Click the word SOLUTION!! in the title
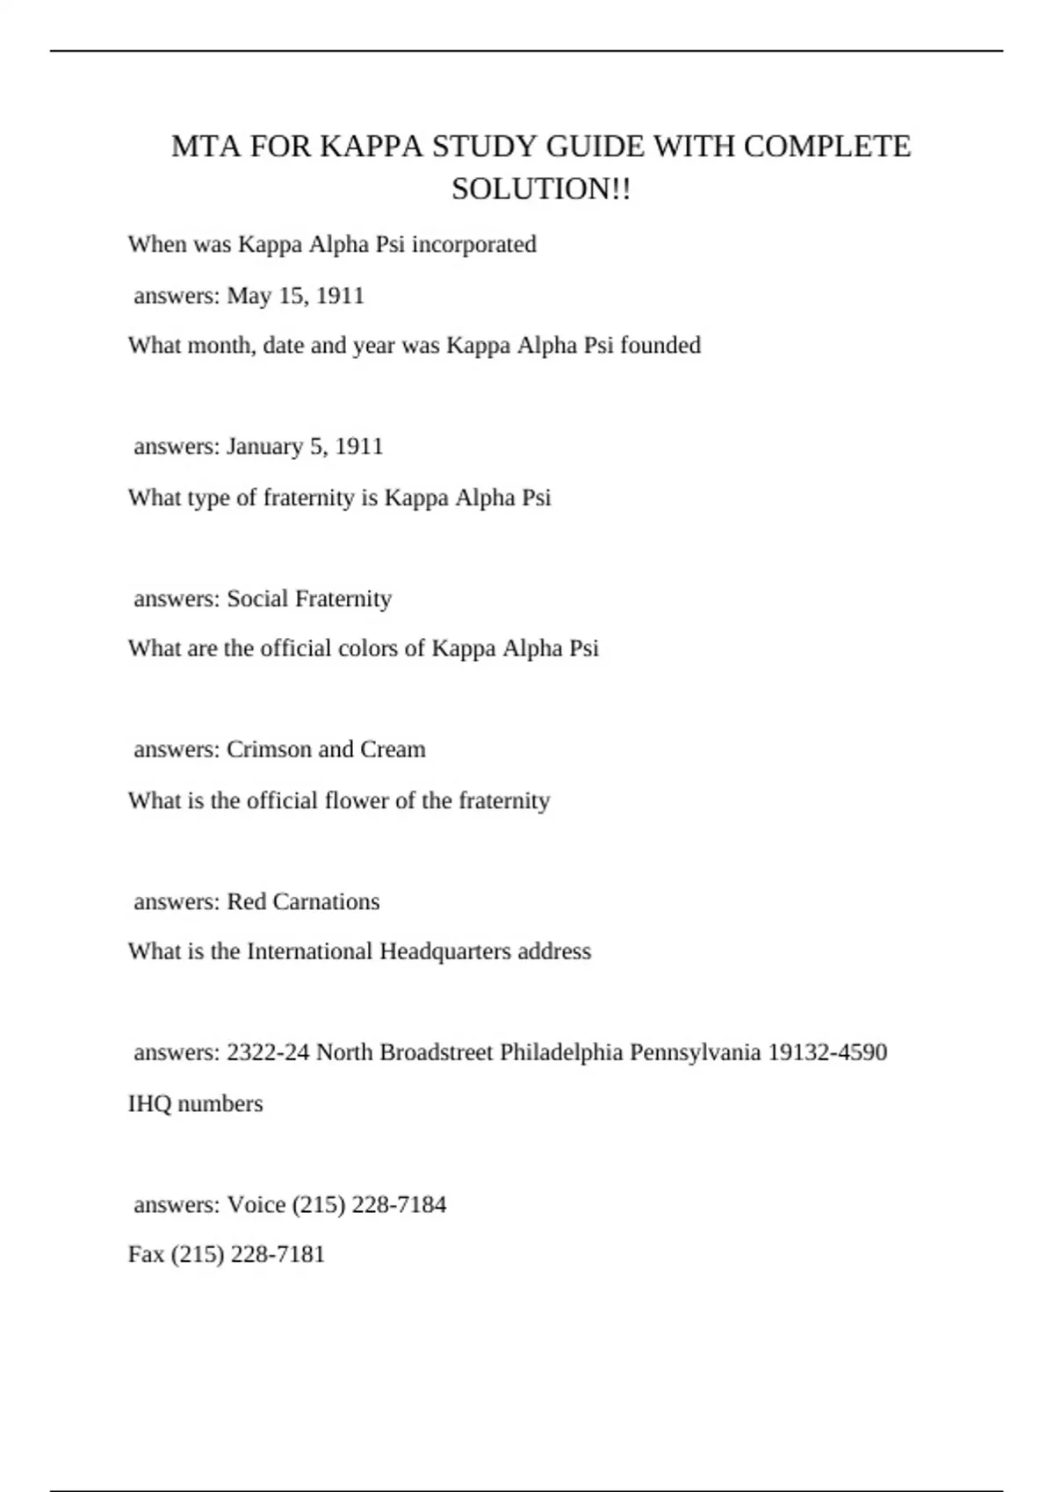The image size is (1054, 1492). tap(541, 189)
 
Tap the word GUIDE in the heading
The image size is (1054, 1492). tap(595, 146)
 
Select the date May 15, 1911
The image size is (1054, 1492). tap(296, 296)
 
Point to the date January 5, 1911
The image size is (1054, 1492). tap(306, 447)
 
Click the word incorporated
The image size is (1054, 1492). tap(473, 244)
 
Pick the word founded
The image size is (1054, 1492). tap(661, 346)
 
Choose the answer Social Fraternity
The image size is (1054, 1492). tap(309, 599)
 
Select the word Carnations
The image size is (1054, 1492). tap(326, 901)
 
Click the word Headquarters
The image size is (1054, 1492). tap(444, 951)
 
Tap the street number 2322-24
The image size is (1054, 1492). tap(268, 1052)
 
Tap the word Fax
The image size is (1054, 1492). tap(146, 1254)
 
